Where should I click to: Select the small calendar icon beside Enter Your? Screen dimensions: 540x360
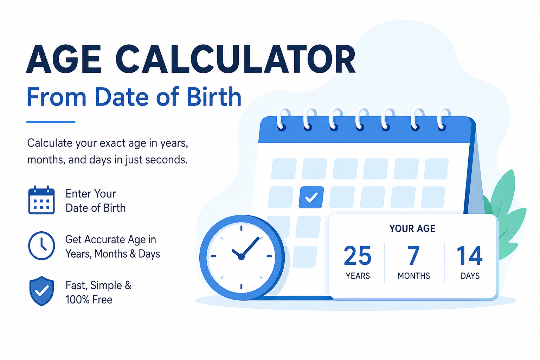point(41,200)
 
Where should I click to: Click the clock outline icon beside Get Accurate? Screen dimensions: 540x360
point(41,245)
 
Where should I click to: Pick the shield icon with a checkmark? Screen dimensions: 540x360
point(41,291)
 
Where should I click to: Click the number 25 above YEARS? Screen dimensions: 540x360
point(358,255)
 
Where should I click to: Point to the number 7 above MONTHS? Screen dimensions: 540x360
point(414,255)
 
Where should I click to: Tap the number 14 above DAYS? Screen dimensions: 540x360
point(470,255)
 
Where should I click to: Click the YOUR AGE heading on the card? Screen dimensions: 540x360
point(412,229)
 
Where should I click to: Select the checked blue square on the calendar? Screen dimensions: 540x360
point(311,197)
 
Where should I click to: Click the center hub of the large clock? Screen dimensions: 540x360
point(241,257)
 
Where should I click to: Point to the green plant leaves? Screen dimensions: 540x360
point(504,214)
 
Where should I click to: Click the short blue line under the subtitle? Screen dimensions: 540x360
point(51,122)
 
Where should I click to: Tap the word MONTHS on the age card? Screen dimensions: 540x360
point(414,276)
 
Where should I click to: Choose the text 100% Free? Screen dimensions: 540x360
point(89,300)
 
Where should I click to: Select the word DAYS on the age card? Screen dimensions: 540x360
point(470,276)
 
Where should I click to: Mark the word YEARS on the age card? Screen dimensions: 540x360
point(358,276)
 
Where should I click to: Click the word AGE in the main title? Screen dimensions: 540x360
point(63,59)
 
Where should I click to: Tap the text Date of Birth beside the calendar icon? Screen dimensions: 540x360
point(96,208)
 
